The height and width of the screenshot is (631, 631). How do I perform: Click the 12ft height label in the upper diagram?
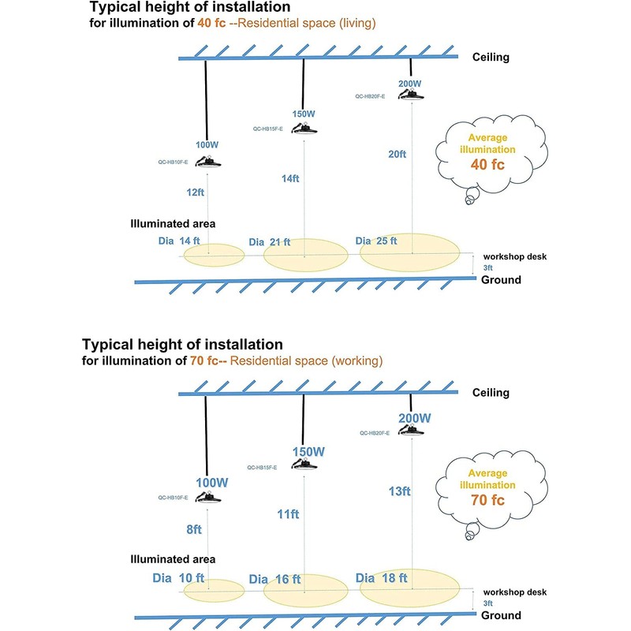195,192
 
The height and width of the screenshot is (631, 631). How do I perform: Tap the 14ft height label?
290,178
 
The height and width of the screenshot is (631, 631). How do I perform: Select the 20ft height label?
398,154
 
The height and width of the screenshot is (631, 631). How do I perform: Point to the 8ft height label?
194,529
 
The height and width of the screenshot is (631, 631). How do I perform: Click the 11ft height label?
288,514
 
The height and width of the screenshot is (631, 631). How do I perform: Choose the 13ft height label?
400,491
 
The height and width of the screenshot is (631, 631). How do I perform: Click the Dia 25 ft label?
376,241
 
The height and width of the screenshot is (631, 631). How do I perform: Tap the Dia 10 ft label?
178,578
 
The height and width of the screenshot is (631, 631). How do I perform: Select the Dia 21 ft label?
270,242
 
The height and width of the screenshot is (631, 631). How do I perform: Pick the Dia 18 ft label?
382,578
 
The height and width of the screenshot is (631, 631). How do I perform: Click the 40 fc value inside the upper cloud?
487,165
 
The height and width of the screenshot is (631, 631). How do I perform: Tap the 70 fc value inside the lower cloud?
487,500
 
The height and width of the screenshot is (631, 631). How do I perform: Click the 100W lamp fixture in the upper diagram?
208,162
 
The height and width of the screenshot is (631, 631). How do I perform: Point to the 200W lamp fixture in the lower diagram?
411,430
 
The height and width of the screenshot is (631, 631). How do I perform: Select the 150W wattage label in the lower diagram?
308,452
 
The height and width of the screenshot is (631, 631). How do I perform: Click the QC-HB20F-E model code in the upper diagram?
370,96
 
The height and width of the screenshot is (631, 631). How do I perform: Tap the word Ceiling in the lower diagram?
491,393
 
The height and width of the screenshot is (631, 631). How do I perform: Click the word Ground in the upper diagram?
501,280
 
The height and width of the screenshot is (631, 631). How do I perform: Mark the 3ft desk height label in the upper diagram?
487,268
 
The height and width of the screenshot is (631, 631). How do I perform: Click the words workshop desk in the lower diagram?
515,592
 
